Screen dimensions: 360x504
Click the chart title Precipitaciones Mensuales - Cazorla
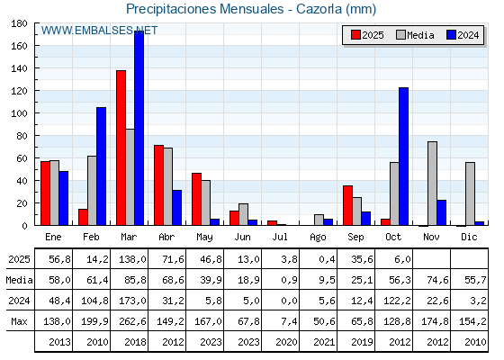coord(251,9)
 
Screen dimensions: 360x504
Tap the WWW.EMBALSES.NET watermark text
coord(99,30)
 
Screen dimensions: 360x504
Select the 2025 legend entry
coord(367,35)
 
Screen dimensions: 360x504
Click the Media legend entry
coord(415,35)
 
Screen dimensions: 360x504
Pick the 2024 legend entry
coord(463,35)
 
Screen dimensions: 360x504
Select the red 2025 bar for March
coord(121,148)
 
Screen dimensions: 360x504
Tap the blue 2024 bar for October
coord(404,157)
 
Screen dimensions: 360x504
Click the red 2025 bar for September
coord(347,205)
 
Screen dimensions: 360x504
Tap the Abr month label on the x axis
coord(166,236)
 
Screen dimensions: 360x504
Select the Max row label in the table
coord(18,321)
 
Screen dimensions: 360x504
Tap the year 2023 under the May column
coord(205,342)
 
